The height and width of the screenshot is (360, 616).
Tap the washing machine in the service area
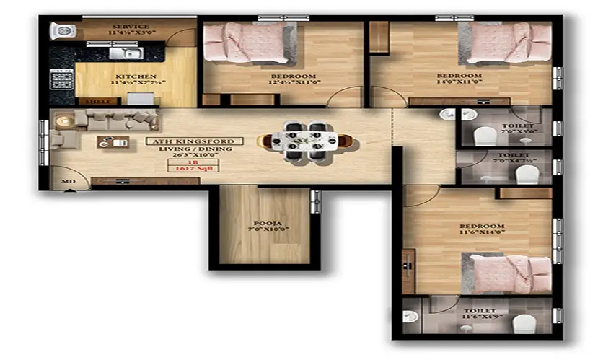pos(61,31)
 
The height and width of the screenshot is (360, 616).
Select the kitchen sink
pos(130,52)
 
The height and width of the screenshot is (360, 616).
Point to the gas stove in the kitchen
pos(61,78)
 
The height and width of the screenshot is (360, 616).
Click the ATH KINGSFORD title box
pos(194,141)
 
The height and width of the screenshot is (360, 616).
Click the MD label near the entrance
pos(68,181)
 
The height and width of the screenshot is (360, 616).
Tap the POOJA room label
pos(262,224)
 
